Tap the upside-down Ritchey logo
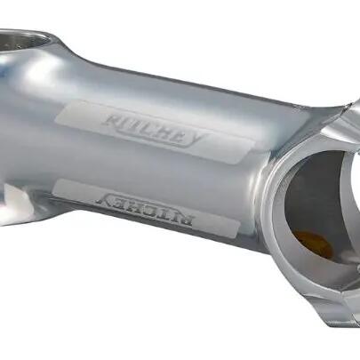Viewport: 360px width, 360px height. (x=144, y=211)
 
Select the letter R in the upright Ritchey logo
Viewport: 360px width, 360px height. (x=113, y=120)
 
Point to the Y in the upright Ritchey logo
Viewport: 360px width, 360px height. (x=197, y=140)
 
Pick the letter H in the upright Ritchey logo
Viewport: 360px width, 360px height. (x=164, y=133)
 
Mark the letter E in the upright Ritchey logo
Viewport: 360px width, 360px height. (x=179, y=137)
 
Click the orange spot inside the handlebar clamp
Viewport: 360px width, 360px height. (x=313, y=243)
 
